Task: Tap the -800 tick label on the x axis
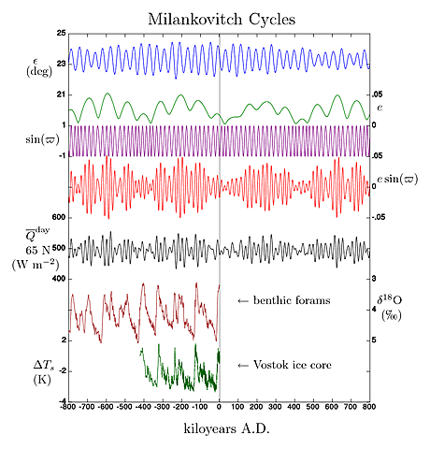tap(66, 408)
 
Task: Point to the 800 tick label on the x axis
tap(370, 408)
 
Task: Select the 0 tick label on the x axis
tap(219, 408)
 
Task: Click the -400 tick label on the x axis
tap(142, 408)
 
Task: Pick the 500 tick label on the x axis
tap(313, 408)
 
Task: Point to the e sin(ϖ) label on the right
tap(396, 178)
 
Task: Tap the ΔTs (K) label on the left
tap(41, 369)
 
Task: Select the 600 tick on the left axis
tap(57, 217)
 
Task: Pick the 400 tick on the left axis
tap(57, 279)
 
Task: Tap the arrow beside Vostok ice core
tap(244, 364)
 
